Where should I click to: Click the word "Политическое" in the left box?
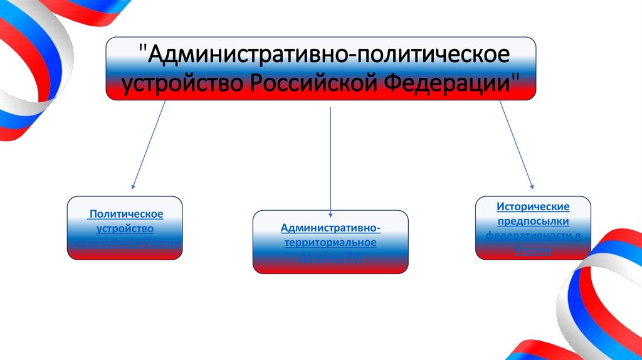coord(126,214)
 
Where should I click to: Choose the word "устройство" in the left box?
coord(126,228)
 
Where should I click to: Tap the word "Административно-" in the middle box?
coord(330,228)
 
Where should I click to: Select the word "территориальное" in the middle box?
coord(330,242)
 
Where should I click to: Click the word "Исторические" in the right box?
coord(533,206)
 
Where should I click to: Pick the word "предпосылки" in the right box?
coord(533,221)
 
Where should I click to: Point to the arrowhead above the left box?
coord(132,186)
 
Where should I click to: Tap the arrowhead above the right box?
coord(532,186)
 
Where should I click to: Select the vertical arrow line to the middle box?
coord(330,157)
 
